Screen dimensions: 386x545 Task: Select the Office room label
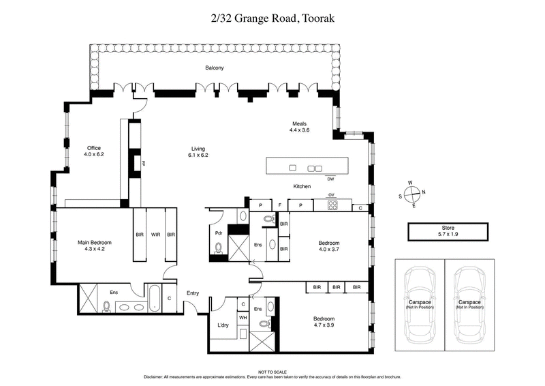[93, 151]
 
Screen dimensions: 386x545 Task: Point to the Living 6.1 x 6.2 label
[198, 152]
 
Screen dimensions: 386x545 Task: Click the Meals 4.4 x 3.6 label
[299, 127]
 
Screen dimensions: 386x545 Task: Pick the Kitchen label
[302, 186]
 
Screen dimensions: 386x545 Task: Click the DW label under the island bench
[330, 179]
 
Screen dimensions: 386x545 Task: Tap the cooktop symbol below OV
[332, 205]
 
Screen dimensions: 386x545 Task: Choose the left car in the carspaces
[419, 303]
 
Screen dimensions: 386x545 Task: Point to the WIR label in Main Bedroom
[155, 234]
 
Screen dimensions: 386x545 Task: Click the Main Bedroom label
[94, 246]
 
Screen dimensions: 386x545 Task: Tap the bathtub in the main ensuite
[155, 298]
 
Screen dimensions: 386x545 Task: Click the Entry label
[193, 293]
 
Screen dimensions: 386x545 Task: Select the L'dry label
[222, 325]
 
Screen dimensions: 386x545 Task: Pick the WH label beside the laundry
[242, 317]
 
